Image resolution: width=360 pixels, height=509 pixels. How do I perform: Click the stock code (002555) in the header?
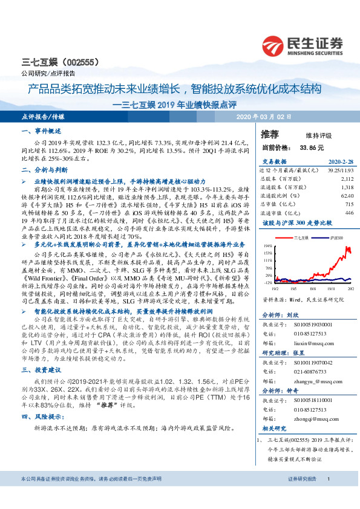[x=71, y=62]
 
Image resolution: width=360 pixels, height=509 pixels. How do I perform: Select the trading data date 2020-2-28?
[x=340, y=163]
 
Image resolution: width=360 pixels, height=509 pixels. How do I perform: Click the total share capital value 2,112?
[x=347, y=179]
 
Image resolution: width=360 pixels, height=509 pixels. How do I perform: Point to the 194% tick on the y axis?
[x=267, y=246]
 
